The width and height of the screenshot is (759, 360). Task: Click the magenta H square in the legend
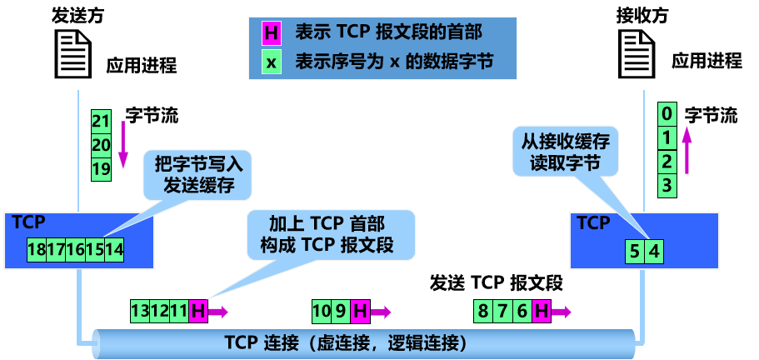pyautogui.click(x=271, y=33)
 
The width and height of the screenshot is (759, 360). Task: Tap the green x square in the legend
pyautogui.click(x=271, y=62)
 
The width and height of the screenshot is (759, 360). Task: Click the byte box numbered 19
pyautogui.click(x=101, y=168)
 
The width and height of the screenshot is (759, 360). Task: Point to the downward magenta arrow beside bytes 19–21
pyautogui.click(x=122, y=144)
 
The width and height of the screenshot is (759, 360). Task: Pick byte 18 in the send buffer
pyautogui.click(x=37, y=248)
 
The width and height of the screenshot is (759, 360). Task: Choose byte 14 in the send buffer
pyautogui.click(x=115, y=248)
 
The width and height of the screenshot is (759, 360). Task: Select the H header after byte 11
pyautogui.click(x=198, y=312)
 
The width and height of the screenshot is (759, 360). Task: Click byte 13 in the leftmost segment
pyautogui.click(x=141, y=312)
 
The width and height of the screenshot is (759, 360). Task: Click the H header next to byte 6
pyautogui.click(x=542, y=312)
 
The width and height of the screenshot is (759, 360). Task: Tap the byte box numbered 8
pyautogui.click(x=482, y=312)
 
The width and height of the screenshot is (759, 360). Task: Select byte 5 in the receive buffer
pyautogui.click(x=635, y=249)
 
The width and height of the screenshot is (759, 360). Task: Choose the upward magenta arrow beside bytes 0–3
pyautogui.click(x=687, y=150)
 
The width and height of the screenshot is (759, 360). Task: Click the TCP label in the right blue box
pyautogui.click(x=593, y=222)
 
